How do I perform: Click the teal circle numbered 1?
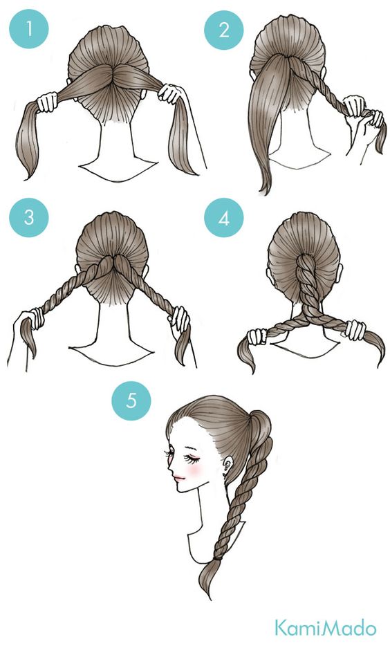[29, 29]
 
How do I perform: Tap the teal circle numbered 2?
[224, 30]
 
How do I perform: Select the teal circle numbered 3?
[29, 218]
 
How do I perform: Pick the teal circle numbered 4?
[224, 218]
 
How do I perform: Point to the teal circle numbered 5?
[131, 400]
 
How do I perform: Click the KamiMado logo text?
[325, 628]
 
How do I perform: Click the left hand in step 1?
[46, 102]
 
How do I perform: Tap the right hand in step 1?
[170, 93]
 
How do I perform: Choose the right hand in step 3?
[179, 318]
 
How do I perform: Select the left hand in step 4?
[257, 336]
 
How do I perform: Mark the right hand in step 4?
[355, 330]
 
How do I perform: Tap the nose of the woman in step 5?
[170, 467]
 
